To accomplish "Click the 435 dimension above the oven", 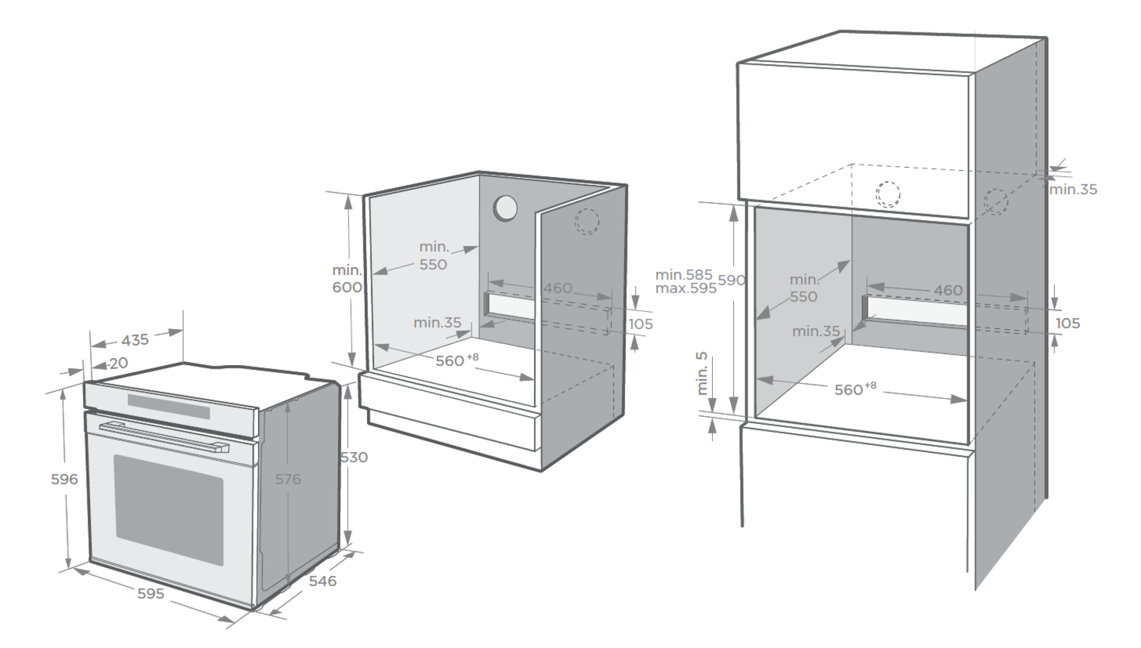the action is tap(135, 340).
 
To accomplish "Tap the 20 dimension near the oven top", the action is tap(119, 363).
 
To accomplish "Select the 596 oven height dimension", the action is tap(65, 479).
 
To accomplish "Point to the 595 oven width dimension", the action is tap(151, 593).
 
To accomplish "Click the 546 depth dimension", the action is tap(323, 581).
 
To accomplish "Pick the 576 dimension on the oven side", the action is tap(288, 479).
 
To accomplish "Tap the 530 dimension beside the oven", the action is tap(354, 457).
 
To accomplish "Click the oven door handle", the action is tap(164, 437).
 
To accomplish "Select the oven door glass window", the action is tap(169, 510).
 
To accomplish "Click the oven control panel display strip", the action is tap(169, 407).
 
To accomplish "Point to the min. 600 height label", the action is tap(347, 279).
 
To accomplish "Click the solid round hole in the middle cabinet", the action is tap(505, 208).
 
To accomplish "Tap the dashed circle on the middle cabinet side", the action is tap(587, 222).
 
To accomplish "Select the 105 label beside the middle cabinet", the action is tap(640, 324).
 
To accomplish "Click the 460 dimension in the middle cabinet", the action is tap(558, 288).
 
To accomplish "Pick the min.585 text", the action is tap(683, 274).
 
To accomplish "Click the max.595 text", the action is tap(685, 289).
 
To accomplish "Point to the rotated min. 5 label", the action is tap(702, 374).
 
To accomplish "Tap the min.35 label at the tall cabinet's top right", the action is tap(1073, 189).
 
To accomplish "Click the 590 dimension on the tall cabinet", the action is tap(732, 280).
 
